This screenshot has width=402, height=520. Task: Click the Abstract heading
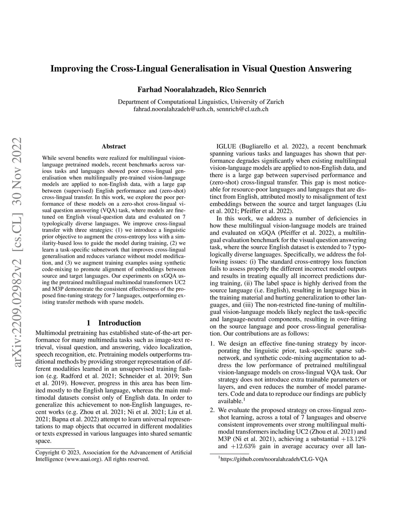tap(113, 146)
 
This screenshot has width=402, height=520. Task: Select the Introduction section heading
tap(119, 323)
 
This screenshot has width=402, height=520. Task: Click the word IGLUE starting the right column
tap(226, 146)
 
